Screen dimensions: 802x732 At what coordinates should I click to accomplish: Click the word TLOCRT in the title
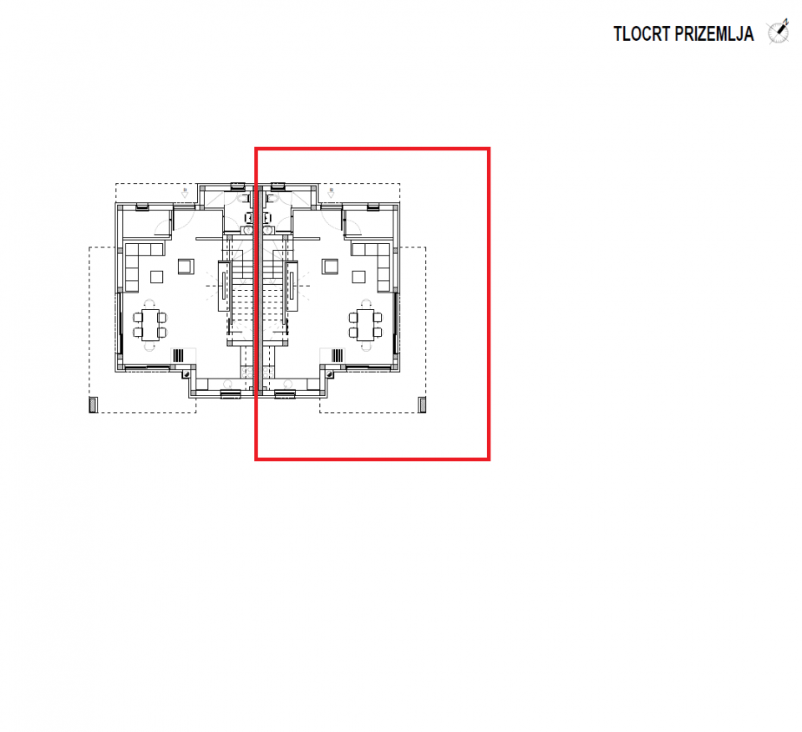(x=642, y=34)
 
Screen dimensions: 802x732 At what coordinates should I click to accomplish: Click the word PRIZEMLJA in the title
(x=714, y=34)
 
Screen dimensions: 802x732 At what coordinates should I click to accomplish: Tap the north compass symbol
(x=778, y=33)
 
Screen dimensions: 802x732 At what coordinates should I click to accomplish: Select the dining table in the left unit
(x=150, y=325)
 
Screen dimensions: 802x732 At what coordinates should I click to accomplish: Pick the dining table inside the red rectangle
(x=365, y=325)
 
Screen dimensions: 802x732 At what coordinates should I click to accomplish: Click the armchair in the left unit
(x=185, y=267)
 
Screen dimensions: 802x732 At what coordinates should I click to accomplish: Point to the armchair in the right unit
(x=330, y=267)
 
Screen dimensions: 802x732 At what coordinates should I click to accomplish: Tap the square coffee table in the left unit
(x=156, y=277)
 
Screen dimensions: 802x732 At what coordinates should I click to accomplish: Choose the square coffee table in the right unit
(x=358, y=277)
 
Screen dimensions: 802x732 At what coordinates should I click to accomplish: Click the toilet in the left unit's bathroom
(x=243, y=198)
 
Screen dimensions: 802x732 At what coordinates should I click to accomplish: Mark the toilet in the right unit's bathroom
(x=271, y=198)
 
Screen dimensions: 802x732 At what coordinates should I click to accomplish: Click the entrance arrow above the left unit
(x=185, y=193)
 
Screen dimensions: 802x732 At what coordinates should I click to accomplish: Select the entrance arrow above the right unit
(x=331, y=193)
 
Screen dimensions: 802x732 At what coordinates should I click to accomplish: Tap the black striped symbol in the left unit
(x=178, y=355)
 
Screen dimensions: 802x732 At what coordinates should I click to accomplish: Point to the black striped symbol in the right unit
(x=338, y=355)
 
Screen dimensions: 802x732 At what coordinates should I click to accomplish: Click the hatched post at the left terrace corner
(x=93, y=404)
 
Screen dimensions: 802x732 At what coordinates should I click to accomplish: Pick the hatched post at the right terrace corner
(x=423, y=404)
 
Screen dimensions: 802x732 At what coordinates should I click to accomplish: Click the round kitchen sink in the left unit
(x=228, y=384)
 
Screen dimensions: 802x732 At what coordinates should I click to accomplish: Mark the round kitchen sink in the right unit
(x=287, y=384)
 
